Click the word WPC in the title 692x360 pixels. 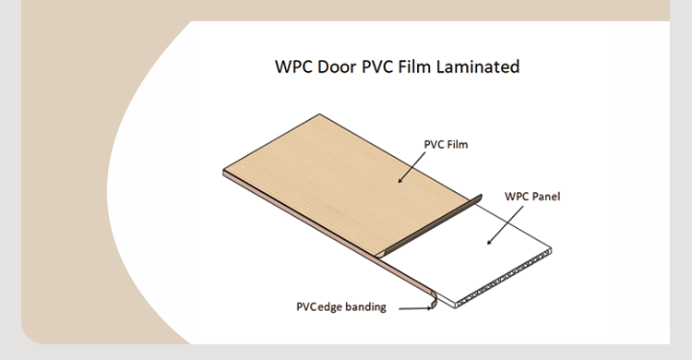(294, 67)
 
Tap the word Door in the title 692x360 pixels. (341, 67)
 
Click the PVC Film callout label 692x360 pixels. (447, 144)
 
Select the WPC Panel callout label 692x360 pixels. (532, 197)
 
